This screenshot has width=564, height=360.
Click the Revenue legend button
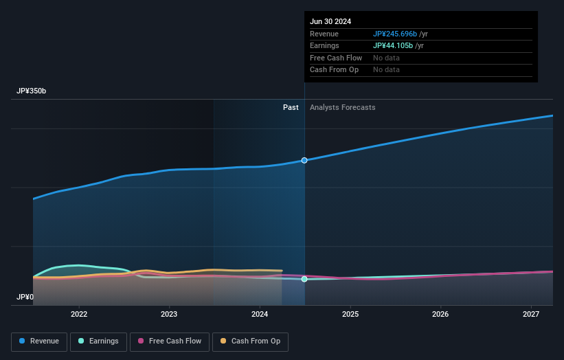point(39,341)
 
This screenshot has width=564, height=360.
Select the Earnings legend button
point(98,341)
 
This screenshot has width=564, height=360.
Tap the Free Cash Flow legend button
point(169,341)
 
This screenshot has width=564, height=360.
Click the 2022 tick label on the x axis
point(79,315)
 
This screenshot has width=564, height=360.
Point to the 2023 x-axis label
point(169,315)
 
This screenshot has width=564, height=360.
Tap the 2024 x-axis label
point(260,315)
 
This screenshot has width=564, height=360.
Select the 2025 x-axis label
point(350,315)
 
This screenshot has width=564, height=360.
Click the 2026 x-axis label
point(440,315)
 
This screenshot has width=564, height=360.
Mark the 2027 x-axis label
point(531,315)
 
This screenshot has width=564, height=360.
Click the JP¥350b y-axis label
point(32,91)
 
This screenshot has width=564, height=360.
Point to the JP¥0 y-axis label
point(25,297)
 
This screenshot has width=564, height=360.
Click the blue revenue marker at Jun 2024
point(304,160)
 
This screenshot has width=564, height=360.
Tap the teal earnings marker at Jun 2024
point(304,279)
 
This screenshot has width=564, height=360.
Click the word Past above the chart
point(291,107)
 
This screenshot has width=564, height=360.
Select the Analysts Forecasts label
point(343,107)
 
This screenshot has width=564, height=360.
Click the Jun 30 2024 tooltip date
point(330,21)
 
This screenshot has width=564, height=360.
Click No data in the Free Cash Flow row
point(387,58)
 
